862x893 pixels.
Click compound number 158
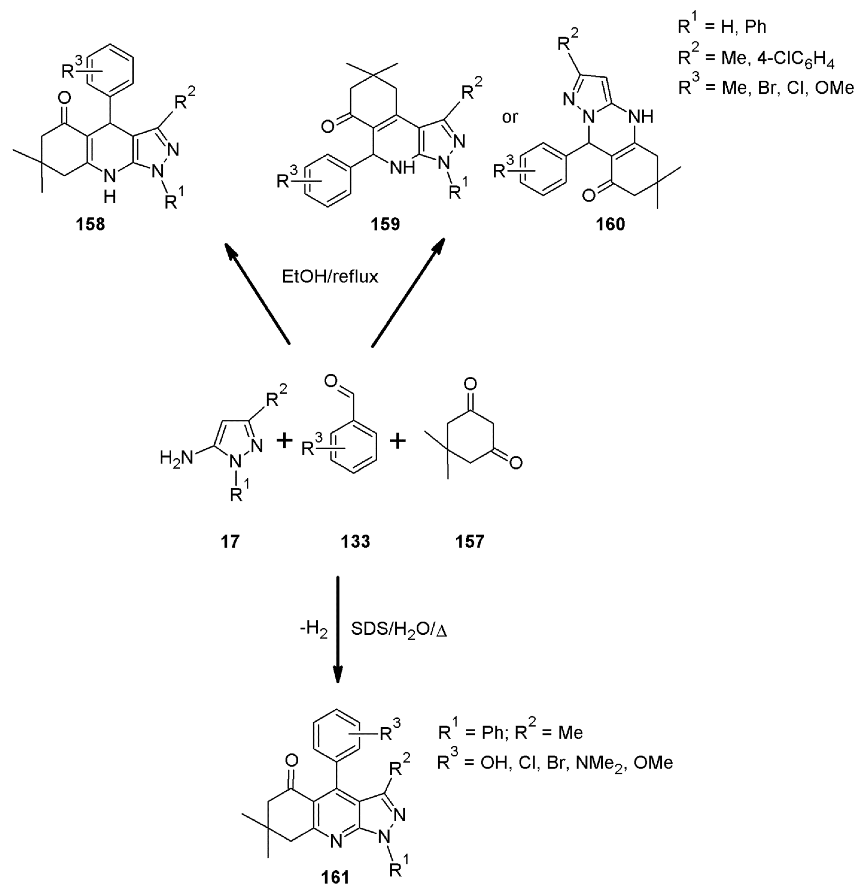[91, 224]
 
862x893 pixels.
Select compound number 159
[385, 224]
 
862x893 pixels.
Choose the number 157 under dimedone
[470, 541]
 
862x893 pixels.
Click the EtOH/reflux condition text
[330, 277]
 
